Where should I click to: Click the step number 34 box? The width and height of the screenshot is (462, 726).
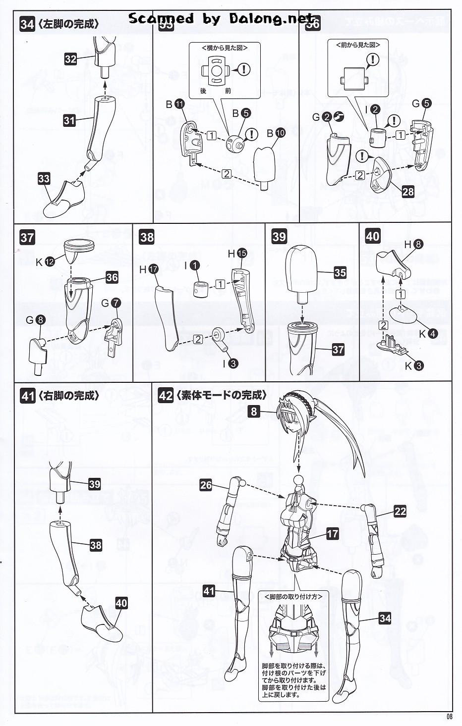[x=27, y=24]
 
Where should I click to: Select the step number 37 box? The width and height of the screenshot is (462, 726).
[x=27, y=237]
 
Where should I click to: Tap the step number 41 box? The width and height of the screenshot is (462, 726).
[x=27, y=396]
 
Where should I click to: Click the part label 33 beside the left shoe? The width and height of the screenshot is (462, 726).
[x=44, y=178]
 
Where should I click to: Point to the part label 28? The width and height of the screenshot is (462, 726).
[x=408, y=192]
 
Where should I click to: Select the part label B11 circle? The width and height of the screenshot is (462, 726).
[x=179, y=104]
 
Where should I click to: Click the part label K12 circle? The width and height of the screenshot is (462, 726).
[x=50, y=262]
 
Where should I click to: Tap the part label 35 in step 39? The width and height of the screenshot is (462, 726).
[x=340, y=272]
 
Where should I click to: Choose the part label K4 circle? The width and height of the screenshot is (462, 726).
[x=432, y=334]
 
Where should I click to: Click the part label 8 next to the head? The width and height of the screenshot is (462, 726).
[x=254, y=411]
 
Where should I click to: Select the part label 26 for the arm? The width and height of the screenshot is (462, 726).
[x=206, y=485]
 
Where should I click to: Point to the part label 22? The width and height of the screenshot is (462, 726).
[x=400, y=512]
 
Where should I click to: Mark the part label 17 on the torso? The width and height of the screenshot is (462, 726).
[x=332, y=533]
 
